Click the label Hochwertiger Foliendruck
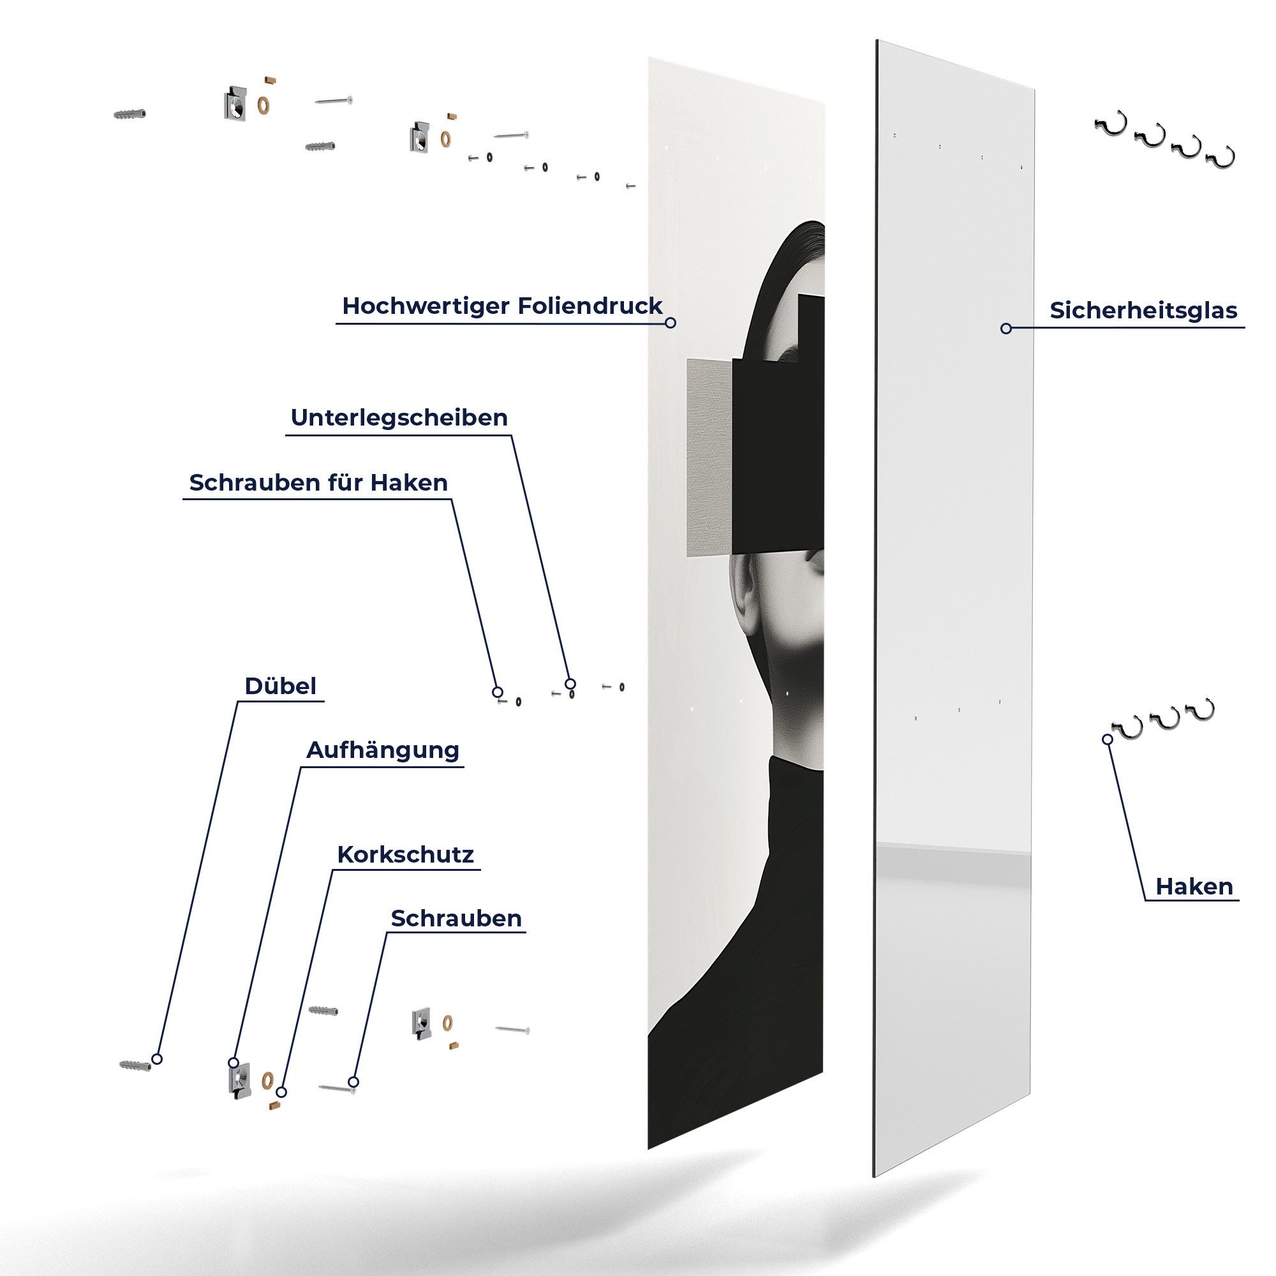502,306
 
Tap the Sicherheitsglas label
1143,311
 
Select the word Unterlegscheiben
399,418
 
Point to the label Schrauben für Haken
318,483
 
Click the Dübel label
280,686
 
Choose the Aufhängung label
382,750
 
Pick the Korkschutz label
405,855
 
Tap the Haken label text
1194,886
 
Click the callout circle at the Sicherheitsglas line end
1006,328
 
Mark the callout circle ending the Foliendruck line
671,323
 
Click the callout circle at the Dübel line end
156,1058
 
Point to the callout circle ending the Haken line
1108,739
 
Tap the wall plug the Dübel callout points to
134,1065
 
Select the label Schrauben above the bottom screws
456,918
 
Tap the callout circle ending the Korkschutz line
282,1092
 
